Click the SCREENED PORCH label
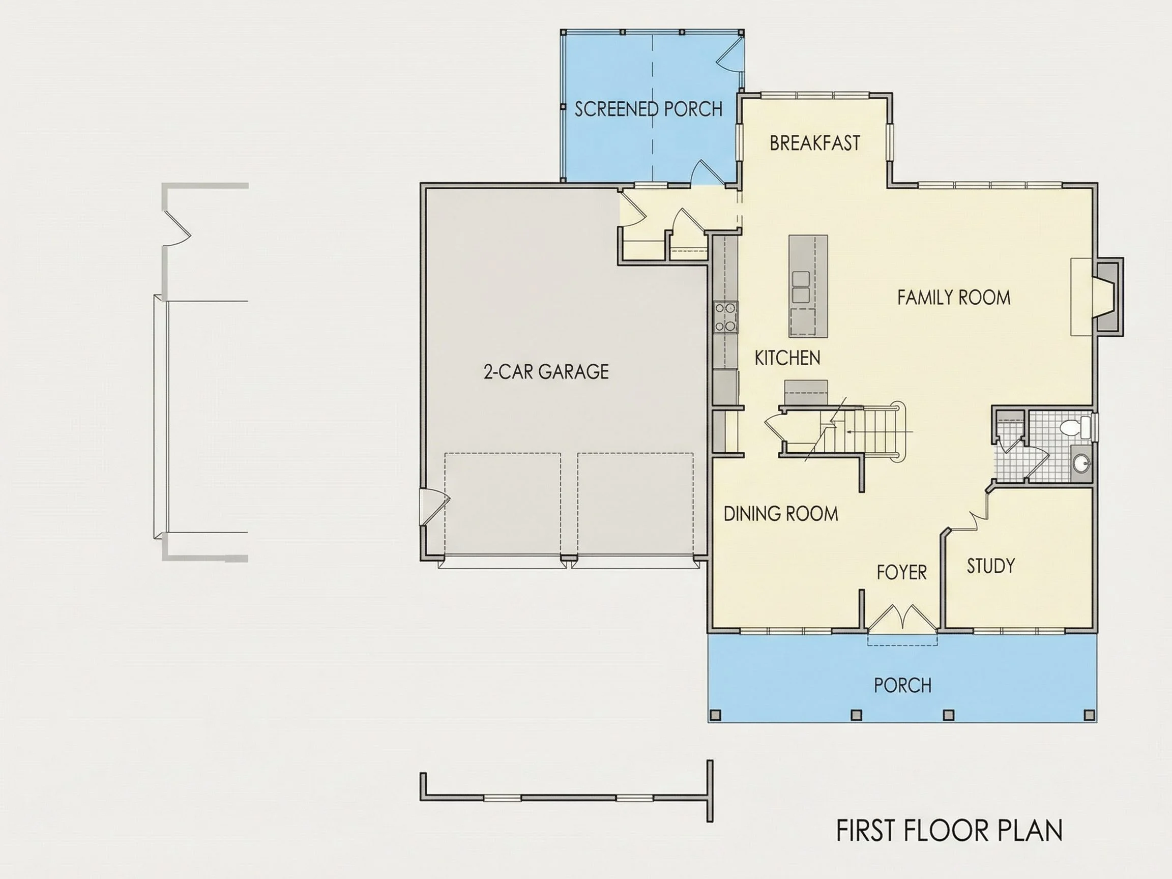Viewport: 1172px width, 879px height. click(x=649, y=109)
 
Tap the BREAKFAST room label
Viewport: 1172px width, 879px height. click(x=814, y=143)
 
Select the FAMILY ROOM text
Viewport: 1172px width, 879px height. click(x=954, y=297)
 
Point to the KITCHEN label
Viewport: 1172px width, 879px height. click(x=787, y=358)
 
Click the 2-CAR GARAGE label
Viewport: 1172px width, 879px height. click(x=546, y=372)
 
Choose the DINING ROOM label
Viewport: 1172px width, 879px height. click(x=780, y=513)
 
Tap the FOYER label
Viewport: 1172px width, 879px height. click(x=902, y=572)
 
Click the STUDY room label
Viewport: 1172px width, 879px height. click(x=990, y=566)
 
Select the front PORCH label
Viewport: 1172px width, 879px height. click(x=902, y=686)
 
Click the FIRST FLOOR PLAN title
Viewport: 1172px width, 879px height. click(x=949, y=830)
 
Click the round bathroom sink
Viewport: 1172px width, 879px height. click(x=1081, y=464)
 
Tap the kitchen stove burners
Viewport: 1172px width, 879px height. click(x=725, y=317)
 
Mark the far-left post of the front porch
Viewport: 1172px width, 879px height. click(x=715, y=715)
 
